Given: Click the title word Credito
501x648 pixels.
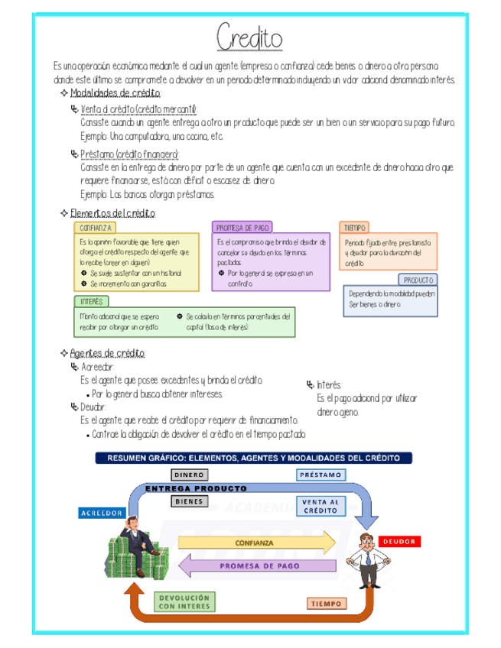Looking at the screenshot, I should coord(249,37).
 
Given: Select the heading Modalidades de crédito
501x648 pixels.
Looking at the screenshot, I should coord(115,93).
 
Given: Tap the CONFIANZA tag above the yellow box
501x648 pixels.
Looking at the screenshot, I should coord(96,228).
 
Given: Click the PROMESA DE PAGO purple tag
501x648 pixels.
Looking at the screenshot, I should coord(242,228).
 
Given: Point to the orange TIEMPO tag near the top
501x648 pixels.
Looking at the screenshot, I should coord(355,228).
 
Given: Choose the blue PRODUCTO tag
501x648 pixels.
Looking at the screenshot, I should coord(418,280).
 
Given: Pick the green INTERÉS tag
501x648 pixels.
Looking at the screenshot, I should coord(92,301).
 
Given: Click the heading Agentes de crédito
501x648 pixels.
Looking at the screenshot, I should coord(107,353).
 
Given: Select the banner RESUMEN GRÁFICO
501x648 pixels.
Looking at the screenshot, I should coord(253,458).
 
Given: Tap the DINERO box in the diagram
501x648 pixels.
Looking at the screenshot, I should coord(189,475).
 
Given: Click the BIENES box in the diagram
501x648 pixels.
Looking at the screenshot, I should coord(189,502).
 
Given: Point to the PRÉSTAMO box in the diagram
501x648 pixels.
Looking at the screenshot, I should coord(321,475).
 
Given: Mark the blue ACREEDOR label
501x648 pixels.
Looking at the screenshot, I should coord(102,513).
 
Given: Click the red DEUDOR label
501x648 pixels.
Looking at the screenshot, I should coord(399,541).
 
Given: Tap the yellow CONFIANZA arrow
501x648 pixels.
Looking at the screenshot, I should coord(257,543).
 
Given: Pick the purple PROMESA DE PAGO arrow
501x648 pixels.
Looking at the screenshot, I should coord(257,566).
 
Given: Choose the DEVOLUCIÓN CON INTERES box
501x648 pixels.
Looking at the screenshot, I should coord(184,602).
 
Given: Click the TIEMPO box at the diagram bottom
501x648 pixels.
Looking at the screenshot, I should coord(327,604).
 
